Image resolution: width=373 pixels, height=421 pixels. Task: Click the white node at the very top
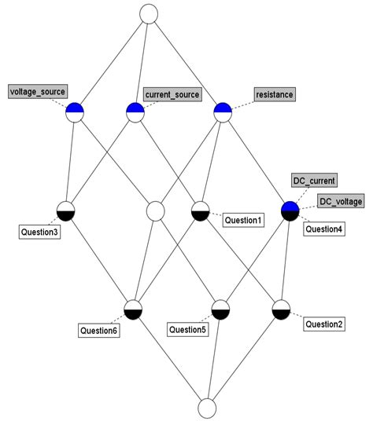coord(148,13)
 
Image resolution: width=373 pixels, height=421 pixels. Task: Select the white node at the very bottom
coord(207,408)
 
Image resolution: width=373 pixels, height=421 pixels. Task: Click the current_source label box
coord(172,94)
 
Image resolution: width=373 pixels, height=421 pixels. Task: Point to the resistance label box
coord(274,94)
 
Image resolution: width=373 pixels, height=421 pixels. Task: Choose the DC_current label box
coord(314,181)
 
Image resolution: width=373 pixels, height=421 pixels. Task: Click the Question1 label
coord(243,221)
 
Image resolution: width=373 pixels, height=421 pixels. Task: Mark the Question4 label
coord(324,229)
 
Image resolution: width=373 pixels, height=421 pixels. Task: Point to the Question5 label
coord(188,330)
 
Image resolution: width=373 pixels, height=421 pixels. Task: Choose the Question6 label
coord(98,331)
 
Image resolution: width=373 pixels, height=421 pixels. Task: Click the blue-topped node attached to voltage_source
coord(76,112)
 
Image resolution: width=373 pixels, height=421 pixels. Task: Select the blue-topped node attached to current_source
coord(135,112)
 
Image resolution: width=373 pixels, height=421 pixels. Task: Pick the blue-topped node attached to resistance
coord(223,112)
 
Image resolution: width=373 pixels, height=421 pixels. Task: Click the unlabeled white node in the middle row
coord(155,210)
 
